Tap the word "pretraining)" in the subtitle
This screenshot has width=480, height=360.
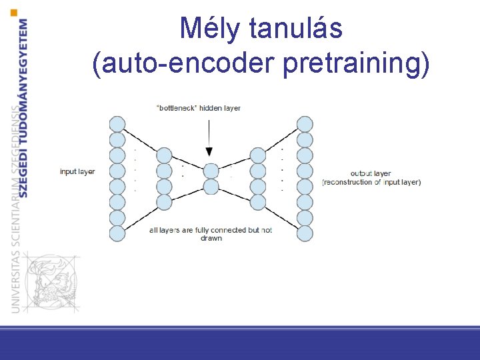tap(357, 64)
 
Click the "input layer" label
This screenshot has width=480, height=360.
tap(77, 172)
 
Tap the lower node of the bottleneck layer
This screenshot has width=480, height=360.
tap(211, 186)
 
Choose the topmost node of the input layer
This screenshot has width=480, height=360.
tap(117, 124)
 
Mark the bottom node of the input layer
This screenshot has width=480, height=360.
tap(117, 233)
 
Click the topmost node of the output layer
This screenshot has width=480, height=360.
tap(305, 124)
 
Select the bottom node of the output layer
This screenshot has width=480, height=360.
tap(305, 233)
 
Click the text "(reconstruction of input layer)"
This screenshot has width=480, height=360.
tap(371, 182)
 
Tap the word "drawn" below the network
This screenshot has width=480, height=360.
tap(211, 238)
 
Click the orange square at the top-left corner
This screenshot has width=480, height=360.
tap(15, 11)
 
